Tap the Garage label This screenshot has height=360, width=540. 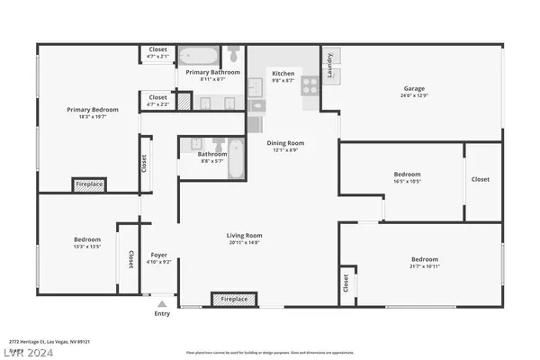point(414,88)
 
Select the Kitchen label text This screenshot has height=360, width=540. point(283,73)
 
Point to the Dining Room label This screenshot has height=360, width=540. point(285,142)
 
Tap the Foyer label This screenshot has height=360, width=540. point(159,255)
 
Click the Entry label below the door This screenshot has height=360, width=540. point(162,314)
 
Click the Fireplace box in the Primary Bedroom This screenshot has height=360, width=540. point(89,184)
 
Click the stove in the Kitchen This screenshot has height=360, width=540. point(309,85)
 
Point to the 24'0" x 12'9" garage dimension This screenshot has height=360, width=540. point(414,95)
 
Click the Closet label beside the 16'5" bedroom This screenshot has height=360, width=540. point(481,179)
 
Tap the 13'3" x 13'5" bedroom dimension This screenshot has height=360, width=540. point(86,246)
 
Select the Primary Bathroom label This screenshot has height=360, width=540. point(212,72)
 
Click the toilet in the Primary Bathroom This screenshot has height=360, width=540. point(234,52)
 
